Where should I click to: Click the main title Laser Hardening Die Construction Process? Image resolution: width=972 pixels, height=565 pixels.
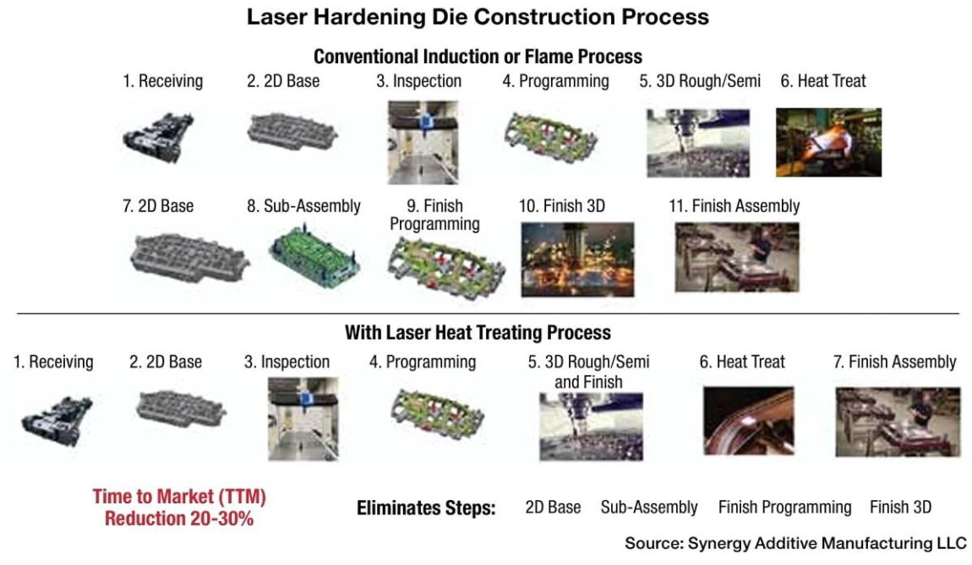pos(478,17)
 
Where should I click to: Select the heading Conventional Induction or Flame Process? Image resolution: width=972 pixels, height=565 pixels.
pos(478,57)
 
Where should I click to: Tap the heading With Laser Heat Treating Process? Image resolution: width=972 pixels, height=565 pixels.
pos(478,332)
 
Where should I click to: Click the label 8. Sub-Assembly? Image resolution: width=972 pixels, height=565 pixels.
pos(303,206)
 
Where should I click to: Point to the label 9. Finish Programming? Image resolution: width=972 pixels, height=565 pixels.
pos(434,215)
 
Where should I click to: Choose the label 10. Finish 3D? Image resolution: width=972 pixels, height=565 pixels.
pos(562,206)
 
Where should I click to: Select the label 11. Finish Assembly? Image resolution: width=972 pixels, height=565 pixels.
pos(736,206)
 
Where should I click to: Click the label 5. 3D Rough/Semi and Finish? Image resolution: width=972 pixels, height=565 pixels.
pos(589,372)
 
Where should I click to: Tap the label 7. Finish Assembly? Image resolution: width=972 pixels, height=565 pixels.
pos(895,362)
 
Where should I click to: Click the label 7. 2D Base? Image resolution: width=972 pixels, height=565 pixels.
pos(158,206)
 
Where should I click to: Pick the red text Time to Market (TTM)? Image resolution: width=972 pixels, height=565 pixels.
pos(178,497)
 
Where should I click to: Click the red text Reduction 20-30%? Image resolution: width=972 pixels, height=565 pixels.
pos(178,518)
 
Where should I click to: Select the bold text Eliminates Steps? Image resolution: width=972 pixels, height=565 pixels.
pos(426,508)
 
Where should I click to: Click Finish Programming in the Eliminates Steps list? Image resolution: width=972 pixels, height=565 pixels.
pos(784,507)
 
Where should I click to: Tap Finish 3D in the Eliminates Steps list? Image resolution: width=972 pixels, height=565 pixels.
pos(900,507)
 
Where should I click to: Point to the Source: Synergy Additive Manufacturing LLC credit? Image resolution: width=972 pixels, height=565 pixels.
pos(795,542)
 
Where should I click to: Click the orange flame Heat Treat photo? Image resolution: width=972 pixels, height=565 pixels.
pos(828,142)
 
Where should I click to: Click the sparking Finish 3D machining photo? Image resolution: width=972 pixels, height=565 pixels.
pos(577,259)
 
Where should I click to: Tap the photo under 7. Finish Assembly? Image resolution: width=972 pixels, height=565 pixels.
pos(898,422)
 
